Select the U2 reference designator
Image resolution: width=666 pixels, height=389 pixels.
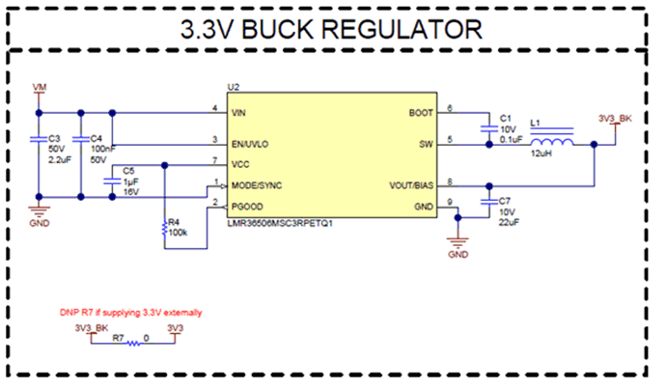tap(233, 88)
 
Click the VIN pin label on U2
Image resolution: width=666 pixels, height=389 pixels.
tap(238, 112)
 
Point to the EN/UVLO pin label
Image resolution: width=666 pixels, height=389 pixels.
tap(249, 141)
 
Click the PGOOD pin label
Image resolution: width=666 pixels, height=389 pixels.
tap(245, 206)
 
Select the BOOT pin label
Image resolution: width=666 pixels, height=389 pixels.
tap(422, 112)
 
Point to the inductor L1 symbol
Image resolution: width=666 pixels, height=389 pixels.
tap(551, 144)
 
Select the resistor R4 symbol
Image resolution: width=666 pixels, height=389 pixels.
tap(165, 229)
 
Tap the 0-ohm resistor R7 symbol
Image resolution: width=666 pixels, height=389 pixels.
tap(133, 346)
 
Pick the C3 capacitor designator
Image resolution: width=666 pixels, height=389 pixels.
tap(55, 139)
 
